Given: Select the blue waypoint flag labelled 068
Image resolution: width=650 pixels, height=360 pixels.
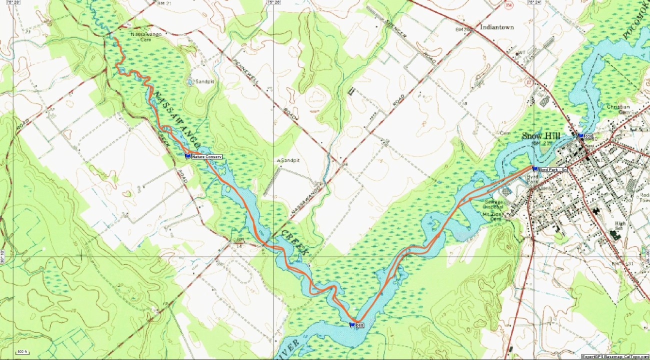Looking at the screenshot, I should (352, 325).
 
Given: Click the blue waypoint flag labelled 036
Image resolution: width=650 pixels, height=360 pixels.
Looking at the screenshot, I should (580, 135).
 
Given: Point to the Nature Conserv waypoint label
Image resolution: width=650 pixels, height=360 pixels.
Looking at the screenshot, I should (206, 156).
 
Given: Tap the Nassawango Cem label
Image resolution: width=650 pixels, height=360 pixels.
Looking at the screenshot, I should (140, 37).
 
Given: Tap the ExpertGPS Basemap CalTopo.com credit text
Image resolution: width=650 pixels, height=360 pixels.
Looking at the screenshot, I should (615, 356).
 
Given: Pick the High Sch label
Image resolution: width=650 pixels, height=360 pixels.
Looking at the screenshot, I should (620, 225).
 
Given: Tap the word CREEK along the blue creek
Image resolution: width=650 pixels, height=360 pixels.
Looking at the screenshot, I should (294, 241).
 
